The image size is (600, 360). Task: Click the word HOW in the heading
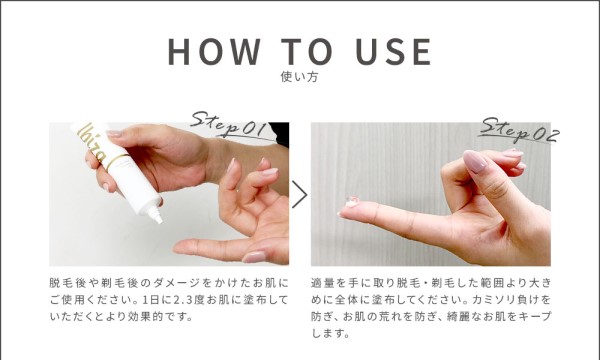(214, 51)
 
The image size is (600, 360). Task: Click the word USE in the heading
(394, 51)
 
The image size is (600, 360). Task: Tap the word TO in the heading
(307, 51)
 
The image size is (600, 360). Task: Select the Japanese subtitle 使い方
(299, 77)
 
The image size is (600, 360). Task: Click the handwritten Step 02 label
(520, 131)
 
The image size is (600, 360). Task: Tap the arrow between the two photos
(300, 194)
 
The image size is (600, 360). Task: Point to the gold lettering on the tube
(91, 142)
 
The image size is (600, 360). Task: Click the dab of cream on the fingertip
(351, 202)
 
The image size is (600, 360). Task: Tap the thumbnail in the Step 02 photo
(475, 161)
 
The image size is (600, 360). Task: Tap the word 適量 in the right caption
(323, 283)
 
